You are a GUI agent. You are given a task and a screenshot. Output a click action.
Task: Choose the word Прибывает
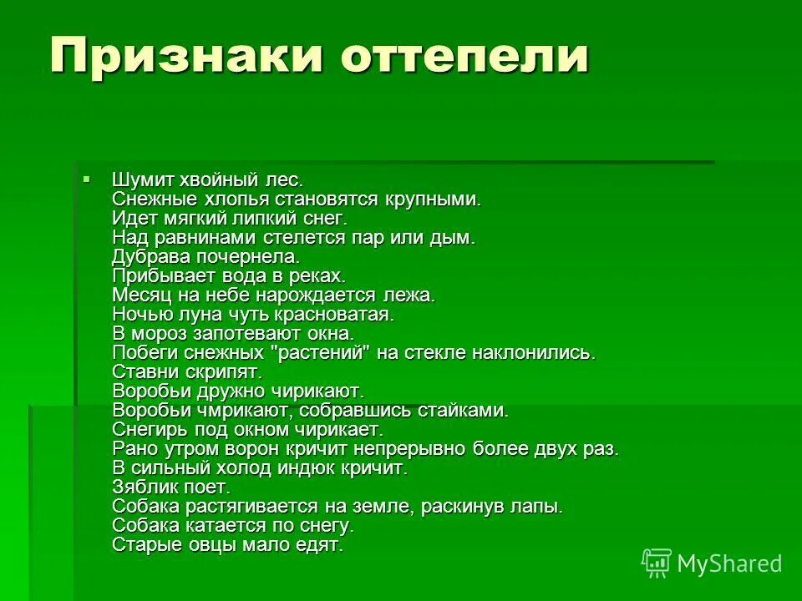(x=156, y=275)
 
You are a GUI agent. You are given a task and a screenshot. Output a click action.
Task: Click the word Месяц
(x=137, y=295)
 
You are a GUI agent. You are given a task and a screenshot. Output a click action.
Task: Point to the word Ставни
(x=140, y=371)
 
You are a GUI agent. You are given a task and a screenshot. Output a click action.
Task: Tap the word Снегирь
(x=146, y=429)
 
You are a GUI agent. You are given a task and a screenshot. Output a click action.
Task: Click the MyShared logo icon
(x=656, y=563)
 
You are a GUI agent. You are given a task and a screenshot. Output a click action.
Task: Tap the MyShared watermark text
(x=729, y=564)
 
